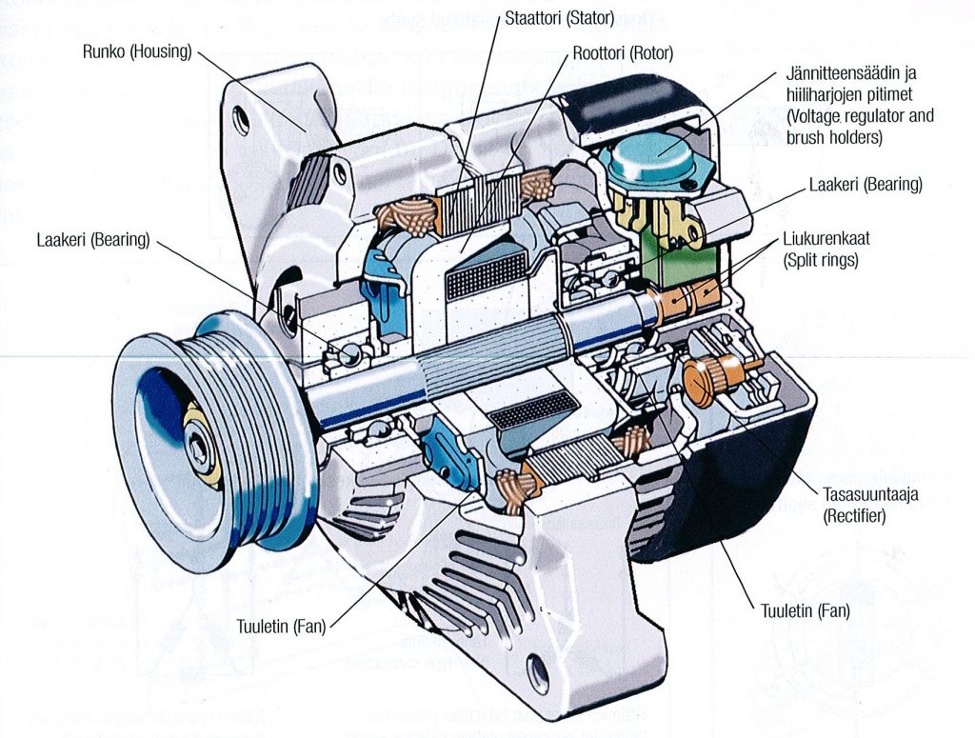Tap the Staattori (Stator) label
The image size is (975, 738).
coord(559,16)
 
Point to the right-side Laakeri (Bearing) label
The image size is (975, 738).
coord(866,185)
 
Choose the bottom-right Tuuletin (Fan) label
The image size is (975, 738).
coord(805,610)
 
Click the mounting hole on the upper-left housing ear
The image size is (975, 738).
coord(243,121)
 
